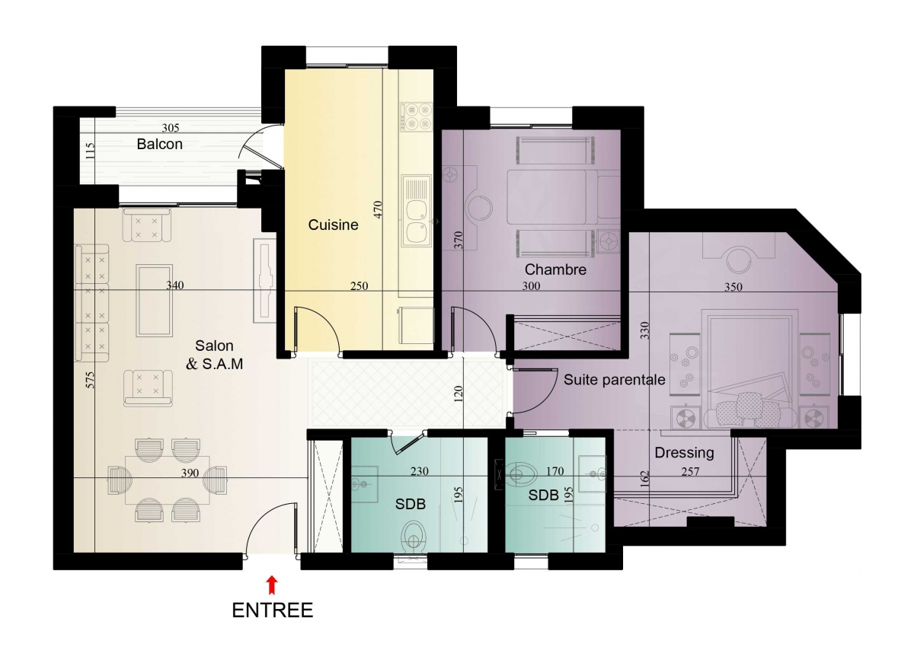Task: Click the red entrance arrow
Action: pyautogui.click(x=272, y=585)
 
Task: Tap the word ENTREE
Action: pyautogui.click(x=273, y=610)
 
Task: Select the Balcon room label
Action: pyautogui.click(x=159, y=144)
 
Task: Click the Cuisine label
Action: pyautogui.click(x=333, y=225)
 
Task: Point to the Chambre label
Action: pyautogui.click(x=555, y=269)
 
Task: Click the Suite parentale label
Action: pyautogui.click(x=615, y=380)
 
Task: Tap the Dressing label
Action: pyautogui.click(x=684, y=453)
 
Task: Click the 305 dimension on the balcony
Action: pyautogui.click(x=171, y=128)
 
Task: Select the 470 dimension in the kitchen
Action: pyautogui.click(x=378, y=209)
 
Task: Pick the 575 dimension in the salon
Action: pyautogui.click(x=90, y=380)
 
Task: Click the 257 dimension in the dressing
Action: pyautogui.click(x=690, y=472)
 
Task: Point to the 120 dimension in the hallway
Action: pyautogui.click(x=459, y=394)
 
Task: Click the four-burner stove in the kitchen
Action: pyautogui.click(x=416, y=116)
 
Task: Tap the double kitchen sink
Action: pyautogui.click(x=416, y=211)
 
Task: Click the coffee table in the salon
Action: pyautogui.click(x=154, y=301)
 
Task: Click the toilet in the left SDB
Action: pyautogui.click(x=414, y=536)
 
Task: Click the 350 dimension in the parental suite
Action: pyautogui.click(x=733, y=287)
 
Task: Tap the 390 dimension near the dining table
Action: pyautogui.click(x=190, y=473)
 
